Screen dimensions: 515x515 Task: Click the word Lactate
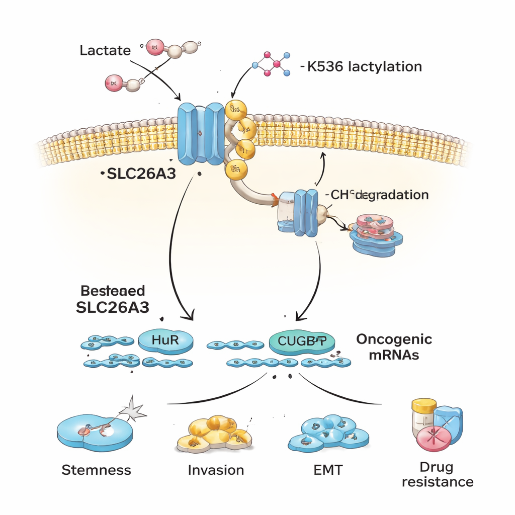click(105, 50)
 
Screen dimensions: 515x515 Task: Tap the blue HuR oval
click(165, 340)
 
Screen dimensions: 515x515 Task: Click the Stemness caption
click(96, 470)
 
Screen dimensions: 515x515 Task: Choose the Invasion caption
click(216, 470)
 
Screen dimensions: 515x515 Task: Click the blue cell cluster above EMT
click(328, 433)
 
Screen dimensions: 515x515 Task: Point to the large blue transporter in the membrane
click(201, 133)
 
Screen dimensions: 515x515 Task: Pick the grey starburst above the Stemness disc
click(135, 409)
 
